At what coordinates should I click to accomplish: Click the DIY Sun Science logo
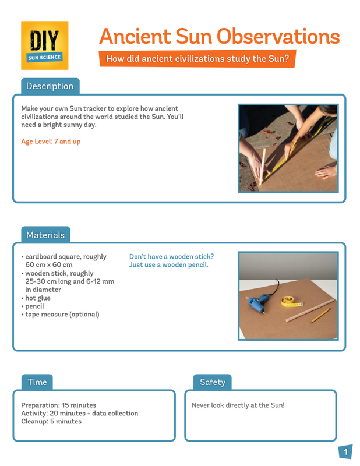(x=44, y=45)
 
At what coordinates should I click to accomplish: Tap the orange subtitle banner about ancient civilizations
(x=197, y=59)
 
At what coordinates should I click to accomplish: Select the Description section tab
(x=50, y=86)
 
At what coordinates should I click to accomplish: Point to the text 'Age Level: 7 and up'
(x=51, y=142)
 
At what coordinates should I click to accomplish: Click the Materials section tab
(x=45, y=235)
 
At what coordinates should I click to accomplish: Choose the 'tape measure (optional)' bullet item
(x=62, y=315)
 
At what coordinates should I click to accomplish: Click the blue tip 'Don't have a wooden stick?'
(x=171, y=256)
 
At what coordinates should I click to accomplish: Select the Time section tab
(x=37, y=382)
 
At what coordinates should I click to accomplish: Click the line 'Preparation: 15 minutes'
(x=58, y=405)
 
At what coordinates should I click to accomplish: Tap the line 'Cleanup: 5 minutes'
(x=51, y=421)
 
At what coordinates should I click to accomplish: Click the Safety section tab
(x=212, y=382)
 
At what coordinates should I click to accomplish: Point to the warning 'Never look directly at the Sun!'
(x=238, y=405)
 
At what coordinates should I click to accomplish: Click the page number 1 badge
(x=345, y=452)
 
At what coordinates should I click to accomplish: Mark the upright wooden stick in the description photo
(x=263, y=166)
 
